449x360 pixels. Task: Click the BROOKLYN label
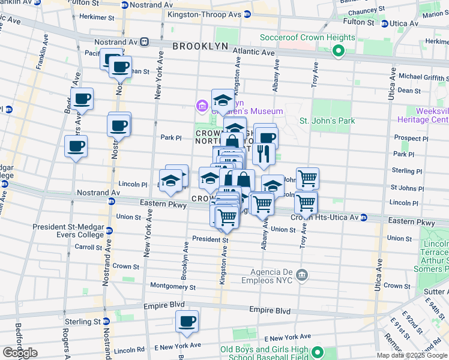point(200,46)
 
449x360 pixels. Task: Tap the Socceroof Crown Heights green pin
point(338,52)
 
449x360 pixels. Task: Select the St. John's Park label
point(327,121)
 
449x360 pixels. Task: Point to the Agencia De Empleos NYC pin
point(303,274)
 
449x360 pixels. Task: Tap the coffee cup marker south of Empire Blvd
point(187,322)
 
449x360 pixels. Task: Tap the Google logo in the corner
point(20,353)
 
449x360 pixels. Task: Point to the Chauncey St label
point(352,10)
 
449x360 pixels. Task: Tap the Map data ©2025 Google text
point(412,355)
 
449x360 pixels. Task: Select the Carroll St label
point(89,247)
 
